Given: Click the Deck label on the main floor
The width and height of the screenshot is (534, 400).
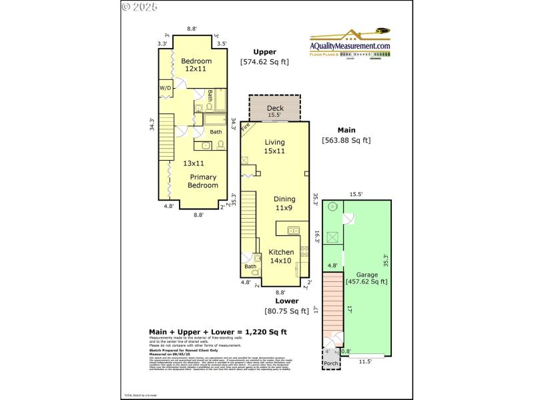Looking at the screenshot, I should click(275, 108).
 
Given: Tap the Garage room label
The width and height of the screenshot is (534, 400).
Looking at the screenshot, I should click(366, 274).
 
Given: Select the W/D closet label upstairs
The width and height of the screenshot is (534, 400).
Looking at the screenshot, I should click(165, 89).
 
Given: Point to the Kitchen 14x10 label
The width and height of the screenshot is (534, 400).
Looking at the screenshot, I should click(281, 257).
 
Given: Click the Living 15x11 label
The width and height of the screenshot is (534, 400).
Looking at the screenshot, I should click(274, 147).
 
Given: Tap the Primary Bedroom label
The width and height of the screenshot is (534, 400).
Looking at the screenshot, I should click(203, 181).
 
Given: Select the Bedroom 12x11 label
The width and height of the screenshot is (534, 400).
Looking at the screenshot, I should click(196, 65).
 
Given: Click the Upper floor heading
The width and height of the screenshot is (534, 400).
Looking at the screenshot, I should click(264, 52).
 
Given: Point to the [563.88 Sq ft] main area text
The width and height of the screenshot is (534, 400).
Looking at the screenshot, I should click(346, 140).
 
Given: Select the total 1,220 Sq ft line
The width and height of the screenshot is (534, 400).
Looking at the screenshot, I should click(218, 331).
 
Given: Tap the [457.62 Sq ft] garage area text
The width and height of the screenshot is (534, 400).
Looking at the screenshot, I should click(366, 282).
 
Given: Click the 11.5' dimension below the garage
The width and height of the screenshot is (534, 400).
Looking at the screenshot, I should click(365, 361).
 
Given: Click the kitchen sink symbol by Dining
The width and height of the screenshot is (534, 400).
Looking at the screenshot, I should click(292, 231).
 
